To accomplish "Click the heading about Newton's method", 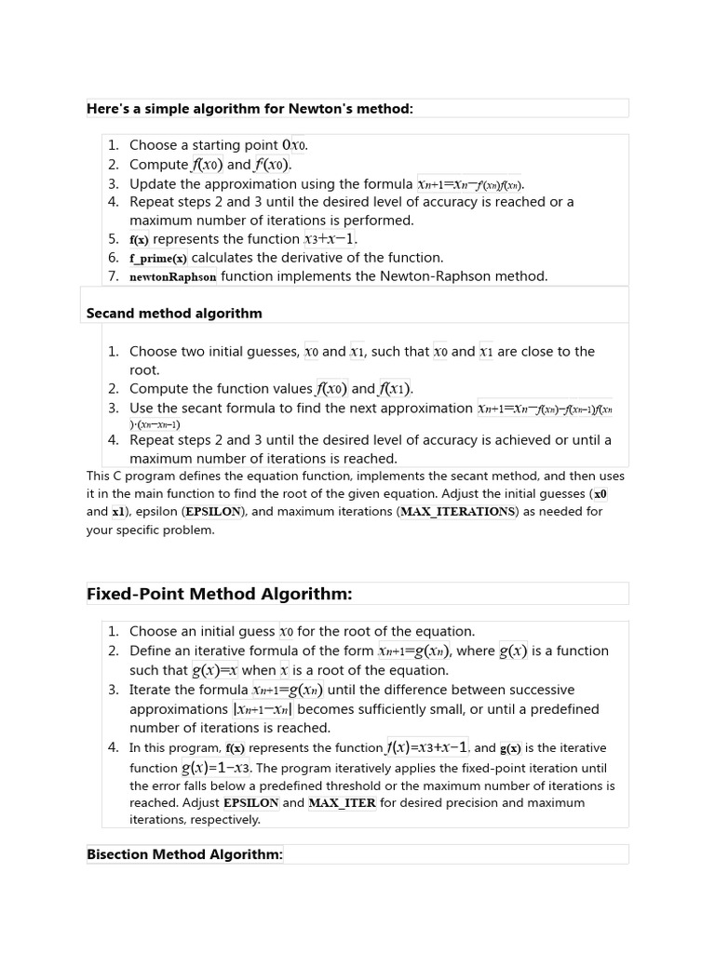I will coord(250,109).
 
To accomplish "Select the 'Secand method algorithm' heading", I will coord(174,314).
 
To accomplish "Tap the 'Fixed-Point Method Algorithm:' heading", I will coord(219,594).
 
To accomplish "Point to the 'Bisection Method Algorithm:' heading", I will coord(184,854).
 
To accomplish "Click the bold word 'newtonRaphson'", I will coord(173,276).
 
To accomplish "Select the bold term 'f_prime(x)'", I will coord(158,258).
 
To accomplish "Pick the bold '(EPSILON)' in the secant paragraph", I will coord(215,512).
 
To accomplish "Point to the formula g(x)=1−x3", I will coord(216,768).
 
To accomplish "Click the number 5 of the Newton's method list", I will coord(113,239).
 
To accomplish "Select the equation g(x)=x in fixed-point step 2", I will coord(215,670).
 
